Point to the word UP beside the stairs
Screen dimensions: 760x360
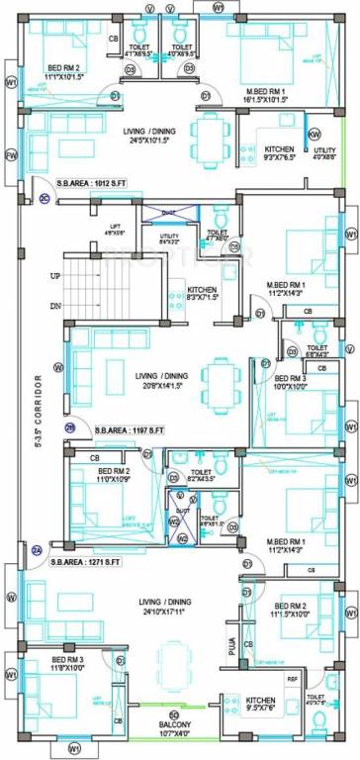coord(55,274)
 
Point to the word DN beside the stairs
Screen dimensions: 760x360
coord(55,307)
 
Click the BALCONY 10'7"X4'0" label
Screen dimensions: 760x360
coord(173,728)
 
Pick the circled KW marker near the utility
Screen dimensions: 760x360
coord(314,133)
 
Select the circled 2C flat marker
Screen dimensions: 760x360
coord(45,198)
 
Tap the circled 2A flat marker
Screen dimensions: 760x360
coord(37,550)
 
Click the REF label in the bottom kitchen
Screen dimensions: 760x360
coord(291,681)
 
